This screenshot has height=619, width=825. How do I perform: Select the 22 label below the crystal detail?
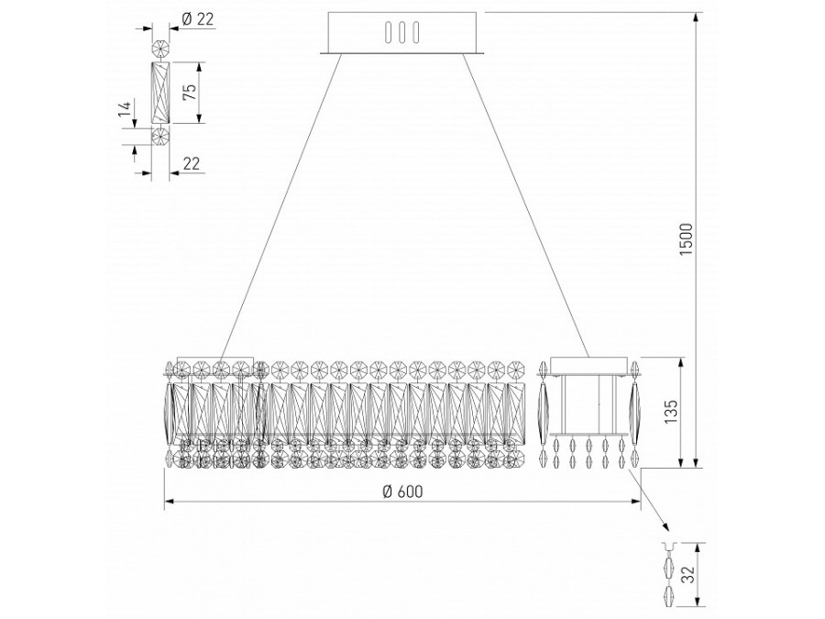[192, 162]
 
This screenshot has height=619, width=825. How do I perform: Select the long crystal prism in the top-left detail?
[161, 93]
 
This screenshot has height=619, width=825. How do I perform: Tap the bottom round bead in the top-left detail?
[161, 138]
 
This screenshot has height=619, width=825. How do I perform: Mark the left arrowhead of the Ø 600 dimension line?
[168, 503]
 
